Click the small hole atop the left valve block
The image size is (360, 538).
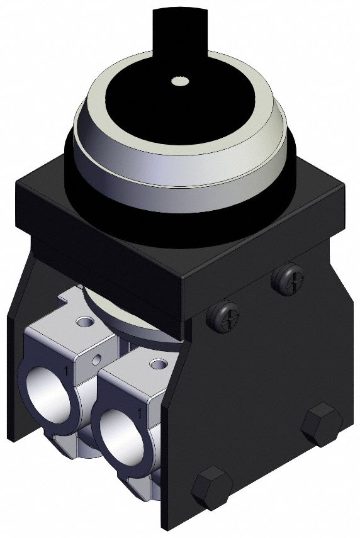point(82,322)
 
